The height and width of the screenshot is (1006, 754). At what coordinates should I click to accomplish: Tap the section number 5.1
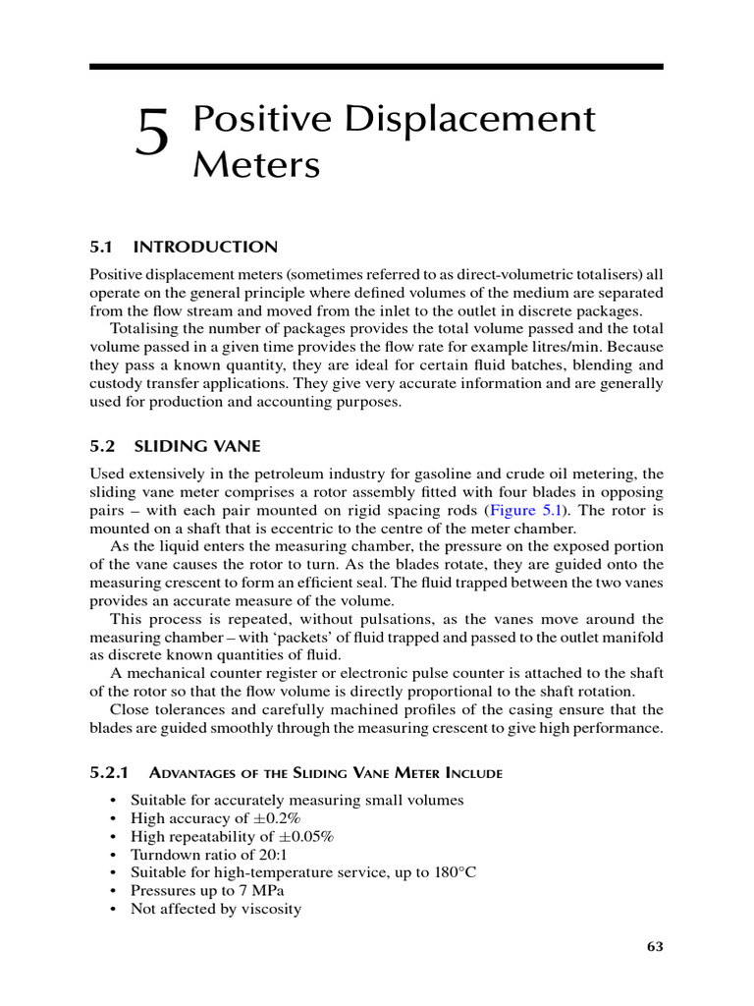pos(102,247)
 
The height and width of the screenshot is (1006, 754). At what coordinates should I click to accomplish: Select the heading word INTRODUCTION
pos(205,247)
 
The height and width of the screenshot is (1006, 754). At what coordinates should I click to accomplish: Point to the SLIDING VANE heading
pos(196,446)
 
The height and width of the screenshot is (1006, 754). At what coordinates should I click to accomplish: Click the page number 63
pos(656,946)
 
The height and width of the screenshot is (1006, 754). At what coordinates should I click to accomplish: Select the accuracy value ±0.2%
pos(280,818)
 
